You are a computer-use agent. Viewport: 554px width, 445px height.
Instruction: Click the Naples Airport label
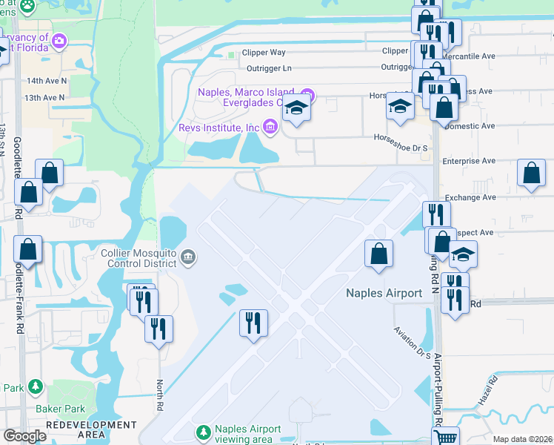pos(384,293)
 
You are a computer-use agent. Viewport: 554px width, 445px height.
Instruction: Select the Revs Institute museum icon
pos(270,128)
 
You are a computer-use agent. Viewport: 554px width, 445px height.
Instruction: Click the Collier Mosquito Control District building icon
pos(188,258)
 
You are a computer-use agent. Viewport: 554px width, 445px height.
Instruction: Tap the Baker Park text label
pos(60,409)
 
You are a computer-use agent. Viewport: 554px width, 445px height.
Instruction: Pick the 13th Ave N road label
pos(44,97)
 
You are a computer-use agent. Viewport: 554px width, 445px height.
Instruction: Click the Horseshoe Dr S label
pos(401,137)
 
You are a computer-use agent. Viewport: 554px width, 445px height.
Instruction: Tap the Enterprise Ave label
pos(469,160)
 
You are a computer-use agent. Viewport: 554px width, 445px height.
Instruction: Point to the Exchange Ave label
pos(470,197)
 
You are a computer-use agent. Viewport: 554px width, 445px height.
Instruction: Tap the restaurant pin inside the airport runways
pos(253,323)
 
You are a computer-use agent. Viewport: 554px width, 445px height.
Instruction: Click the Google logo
pos(25,436)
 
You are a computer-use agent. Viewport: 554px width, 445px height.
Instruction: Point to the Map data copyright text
pos(521,439)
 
